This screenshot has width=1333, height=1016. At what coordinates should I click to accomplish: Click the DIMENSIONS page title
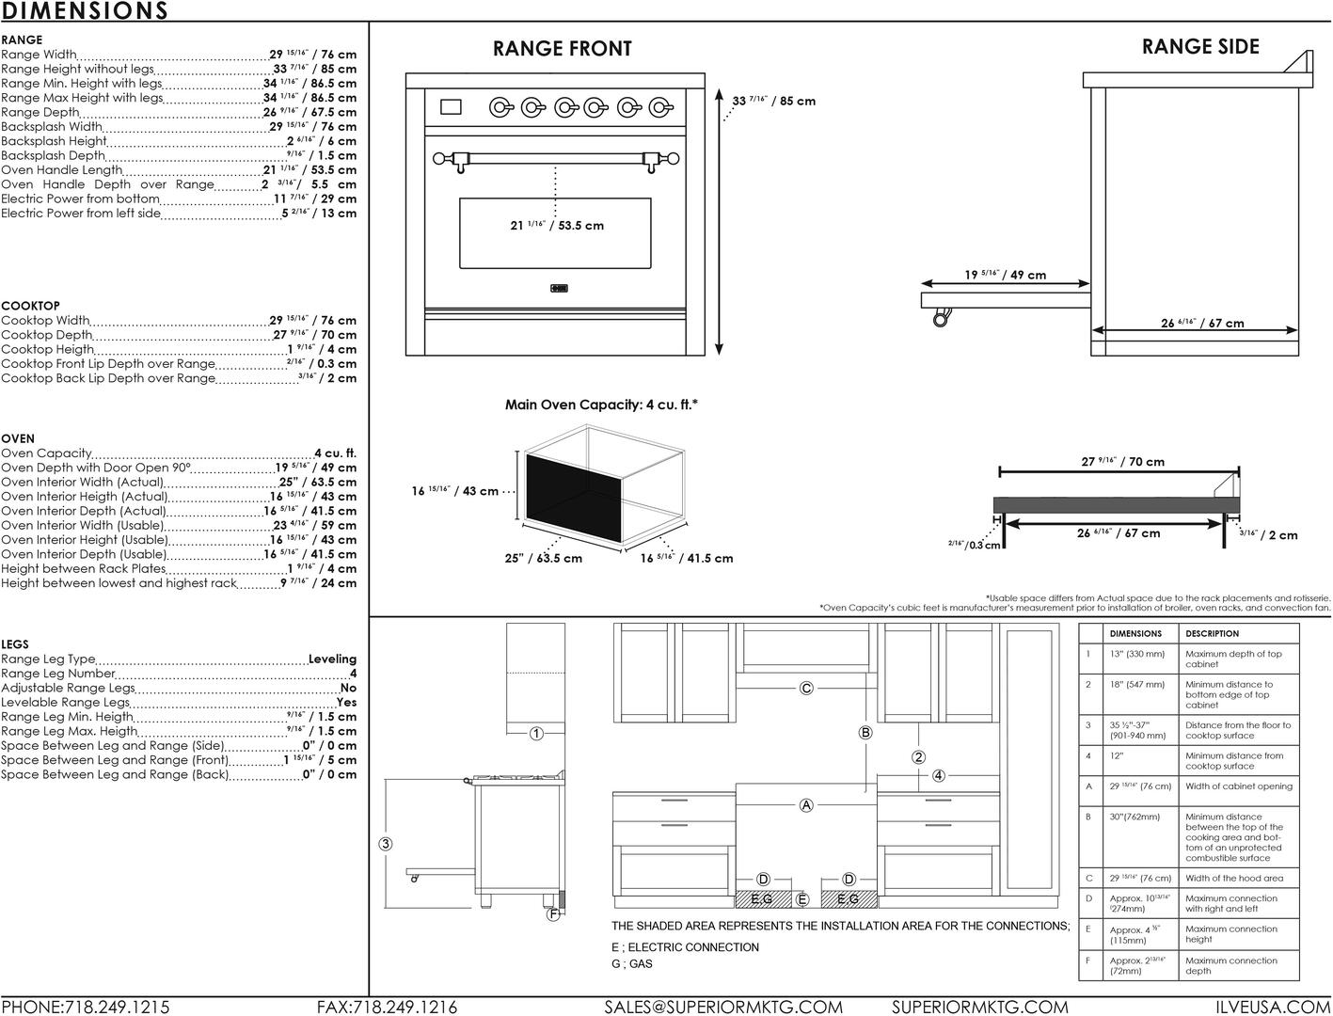click(85, 11)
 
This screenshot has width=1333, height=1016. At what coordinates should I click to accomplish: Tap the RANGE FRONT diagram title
click(562, 49)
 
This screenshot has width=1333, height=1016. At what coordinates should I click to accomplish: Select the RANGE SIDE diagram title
click(1199, 47)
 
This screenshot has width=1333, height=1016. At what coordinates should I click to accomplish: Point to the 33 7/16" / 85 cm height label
click(774, 101)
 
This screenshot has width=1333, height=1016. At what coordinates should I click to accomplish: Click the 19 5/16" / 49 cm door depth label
click(1005, 275)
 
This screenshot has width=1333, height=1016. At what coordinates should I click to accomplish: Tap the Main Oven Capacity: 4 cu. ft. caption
click(601, 405)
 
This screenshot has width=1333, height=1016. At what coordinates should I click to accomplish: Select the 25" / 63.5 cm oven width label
click(543, 558)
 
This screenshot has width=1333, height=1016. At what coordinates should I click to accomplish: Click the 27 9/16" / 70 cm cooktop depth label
click(1122, 461)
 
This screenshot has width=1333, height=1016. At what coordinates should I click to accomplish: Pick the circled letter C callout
click(806, 688)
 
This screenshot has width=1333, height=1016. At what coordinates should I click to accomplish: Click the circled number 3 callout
click(386, 844)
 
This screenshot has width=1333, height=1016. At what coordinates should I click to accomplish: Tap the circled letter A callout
click(806, 804)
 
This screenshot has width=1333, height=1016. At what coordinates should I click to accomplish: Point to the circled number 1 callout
click(535, 734)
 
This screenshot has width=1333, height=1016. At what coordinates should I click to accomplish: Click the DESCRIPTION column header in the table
click(1212, 634)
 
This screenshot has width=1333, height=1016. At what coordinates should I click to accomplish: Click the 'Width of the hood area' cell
click(1233, 878)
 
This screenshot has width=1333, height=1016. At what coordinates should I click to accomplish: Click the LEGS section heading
click(15, 644)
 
